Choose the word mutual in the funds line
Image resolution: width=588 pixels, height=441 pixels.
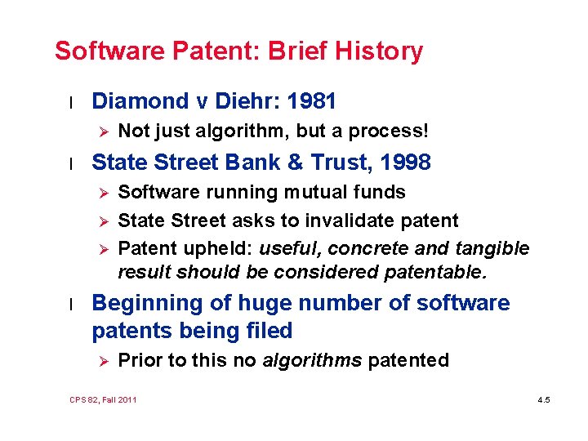(299, 192)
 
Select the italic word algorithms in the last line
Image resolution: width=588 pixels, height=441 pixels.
(312, 360)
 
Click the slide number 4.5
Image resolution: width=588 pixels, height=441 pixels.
(544, 399)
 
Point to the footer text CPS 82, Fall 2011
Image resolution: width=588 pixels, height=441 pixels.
(104, 399)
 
